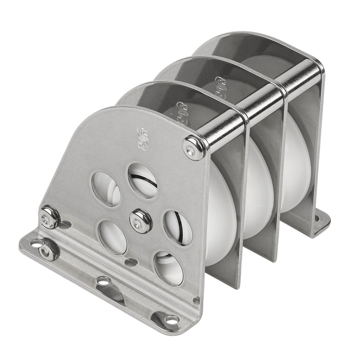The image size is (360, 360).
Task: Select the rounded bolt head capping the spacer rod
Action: point(194,147)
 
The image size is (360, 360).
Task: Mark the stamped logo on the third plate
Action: point(221,85)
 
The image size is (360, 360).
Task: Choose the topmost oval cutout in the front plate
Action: point(143,180)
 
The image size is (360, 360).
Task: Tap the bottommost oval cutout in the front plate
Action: point(168,268)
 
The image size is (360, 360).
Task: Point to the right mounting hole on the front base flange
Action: point(171,319)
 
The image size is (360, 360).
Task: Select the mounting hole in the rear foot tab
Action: point(317,219)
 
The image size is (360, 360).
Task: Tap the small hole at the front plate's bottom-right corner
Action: point(195,300)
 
